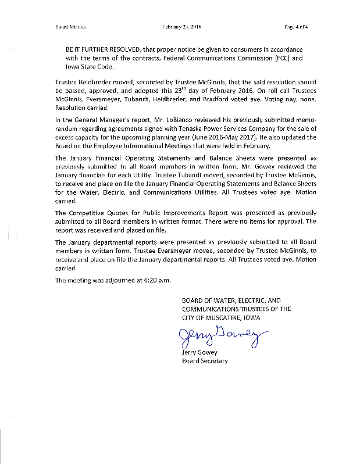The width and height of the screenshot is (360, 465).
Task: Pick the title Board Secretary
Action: (205, 361)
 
